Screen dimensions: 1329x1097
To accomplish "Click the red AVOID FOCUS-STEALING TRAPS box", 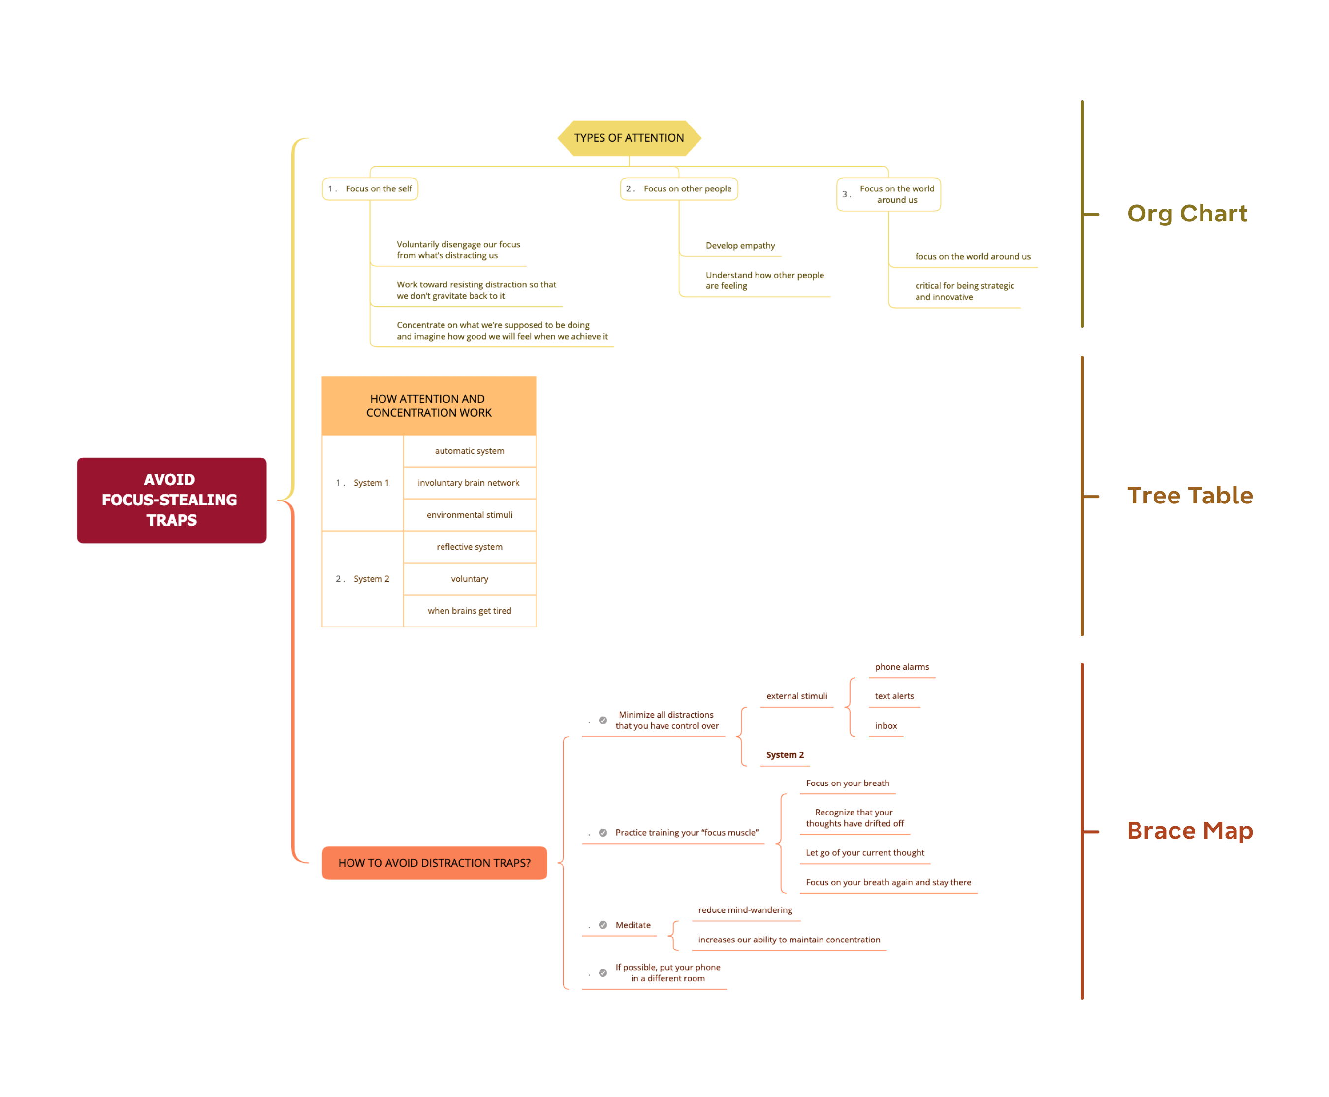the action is pyautogui.click(x=171, y=500).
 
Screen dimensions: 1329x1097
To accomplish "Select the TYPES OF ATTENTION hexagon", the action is pyautogui.click(x=629, y=138).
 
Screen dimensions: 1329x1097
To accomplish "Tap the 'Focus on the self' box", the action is pyautogui.click(x=370, y=189).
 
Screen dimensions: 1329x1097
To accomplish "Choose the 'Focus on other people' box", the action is pyautogui.click(x=679, y=189).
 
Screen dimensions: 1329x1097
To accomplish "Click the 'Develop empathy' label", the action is pyautogui.click(x=740, y=245).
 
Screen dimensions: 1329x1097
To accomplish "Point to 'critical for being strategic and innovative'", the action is pyautogui.click(x=964, y=291).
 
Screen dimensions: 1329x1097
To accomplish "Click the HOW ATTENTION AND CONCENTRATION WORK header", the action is pyautogui.click(x=428, y=406).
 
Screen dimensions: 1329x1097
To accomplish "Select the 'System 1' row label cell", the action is pyautogui.click(x=363, y=483).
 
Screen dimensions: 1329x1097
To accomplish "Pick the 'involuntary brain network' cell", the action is pyautogui.click(x=469, y=483).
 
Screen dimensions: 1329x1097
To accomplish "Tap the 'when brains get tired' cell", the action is pyautogui.click(x=469, y=610).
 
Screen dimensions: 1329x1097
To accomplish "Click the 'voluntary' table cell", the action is pyautogui.click(x=469, y=579).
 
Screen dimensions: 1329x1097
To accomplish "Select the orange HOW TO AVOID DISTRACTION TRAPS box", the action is pyautogui.click(x=434, y=863).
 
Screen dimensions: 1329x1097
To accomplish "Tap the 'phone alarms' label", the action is pyautogui.click(x=902, y=667).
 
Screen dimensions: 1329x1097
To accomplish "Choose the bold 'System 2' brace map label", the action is pyautogui.click(x=785, y=754).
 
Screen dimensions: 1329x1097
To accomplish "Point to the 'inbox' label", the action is pyautogui.click(x=886, y=725).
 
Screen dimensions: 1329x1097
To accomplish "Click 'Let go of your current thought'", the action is pyautogui.click(x=864, y=852).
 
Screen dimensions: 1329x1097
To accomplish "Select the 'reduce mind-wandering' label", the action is pyautogui.click(x=745, y=910).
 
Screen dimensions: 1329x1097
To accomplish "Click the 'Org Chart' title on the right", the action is pyautogui.click(x=1187, y=214).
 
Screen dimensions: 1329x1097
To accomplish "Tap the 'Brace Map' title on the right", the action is pyautogui.click(x=1189, y=830).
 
